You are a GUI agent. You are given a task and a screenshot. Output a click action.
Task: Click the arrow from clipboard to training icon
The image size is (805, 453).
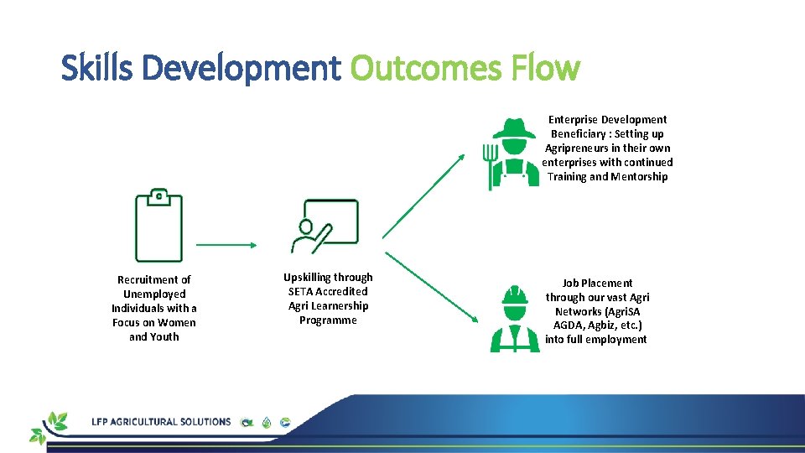pos(226,245)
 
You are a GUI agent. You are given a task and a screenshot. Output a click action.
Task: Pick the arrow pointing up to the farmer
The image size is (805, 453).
pos(423,196)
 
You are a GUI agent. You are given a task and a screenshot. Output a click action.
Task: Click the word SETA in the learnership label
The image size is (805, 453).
pos(300,291)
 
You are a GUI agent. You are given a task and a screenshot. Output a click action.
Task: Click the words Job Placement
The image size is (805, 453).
pos(597,283)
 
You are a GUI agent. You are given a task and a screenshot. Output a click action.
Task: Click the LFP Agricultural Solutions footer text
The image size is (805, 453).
pos(161,421)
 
